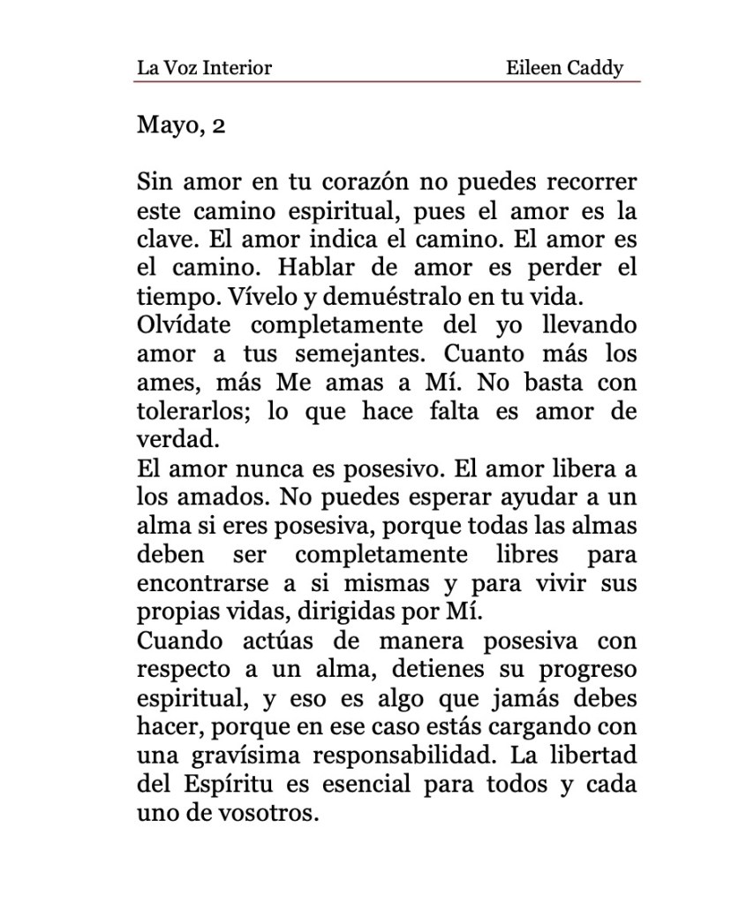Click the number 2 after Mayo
(x=219, y=125)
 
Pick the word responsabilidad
(x=412, y=756)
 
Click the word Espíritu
(x=227, y=784)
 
